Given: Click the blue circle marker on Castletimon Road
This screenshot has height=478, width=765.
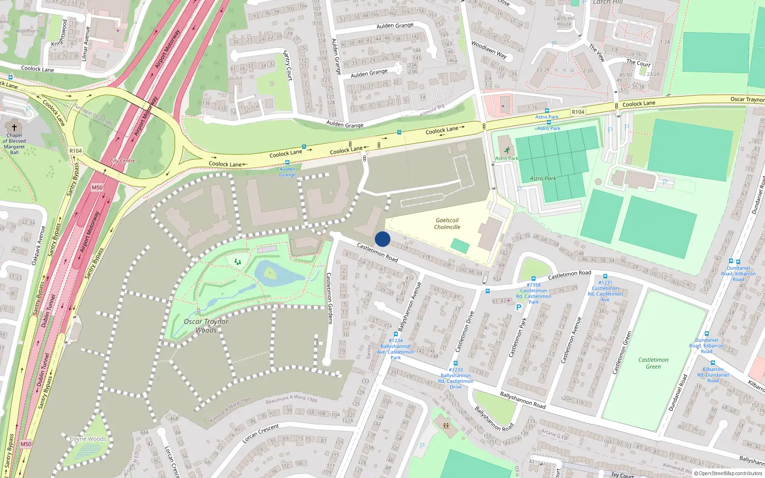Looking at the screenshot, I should (x=382, y=239).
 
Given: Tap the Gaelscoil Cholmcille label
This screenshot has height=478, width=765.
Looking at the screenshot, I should (x=447, y=224).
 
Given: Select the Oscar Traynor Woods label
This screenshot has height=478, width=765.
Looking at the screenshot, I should (x=206, y=326).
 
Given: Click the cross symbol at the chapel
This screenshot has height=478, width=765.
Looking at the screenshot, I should (x=14, y=128).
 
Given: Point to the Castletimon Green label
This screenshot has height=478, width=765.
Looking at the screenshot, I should (x=653, y=363).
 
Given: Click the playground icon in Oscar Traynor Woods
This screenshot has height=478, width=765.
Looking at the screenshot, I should (x=237, y=262).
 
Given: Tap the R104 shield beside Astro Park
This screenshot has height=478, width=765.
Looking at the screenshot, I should (x=578, y=112).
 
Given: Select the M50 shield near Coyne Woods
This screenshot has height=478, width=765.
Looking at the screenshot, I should (x=26, y=444).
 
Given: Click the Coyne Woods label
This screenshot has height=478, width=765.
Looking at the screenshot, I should (x=88, y=439).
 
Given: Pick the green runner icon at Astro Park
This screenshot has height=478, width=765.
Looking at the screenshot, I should (x=507, y=151).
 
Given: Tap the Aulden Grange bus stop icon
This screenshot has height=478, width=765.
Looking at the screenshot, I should (x=287, y=163).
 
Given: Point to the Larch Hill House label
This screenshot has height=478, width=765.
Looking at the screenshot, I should (x=564, y=21).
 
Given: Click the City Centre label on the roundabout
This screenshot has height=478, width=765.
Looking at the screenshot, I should (x=123, y=161).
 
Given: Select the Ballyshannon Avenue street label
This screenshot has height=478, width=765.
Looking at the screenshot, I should (x=409, y=307).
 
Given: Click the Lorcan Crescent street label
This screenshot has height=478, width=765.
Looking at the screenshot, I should (x=261, y=433).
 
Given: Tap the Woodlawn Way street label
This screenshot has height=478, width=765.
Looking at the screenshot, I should (x=489, y=49).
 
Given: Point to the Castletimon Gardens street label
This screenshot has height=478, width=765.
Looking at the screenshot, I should (x=329, y=299).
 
